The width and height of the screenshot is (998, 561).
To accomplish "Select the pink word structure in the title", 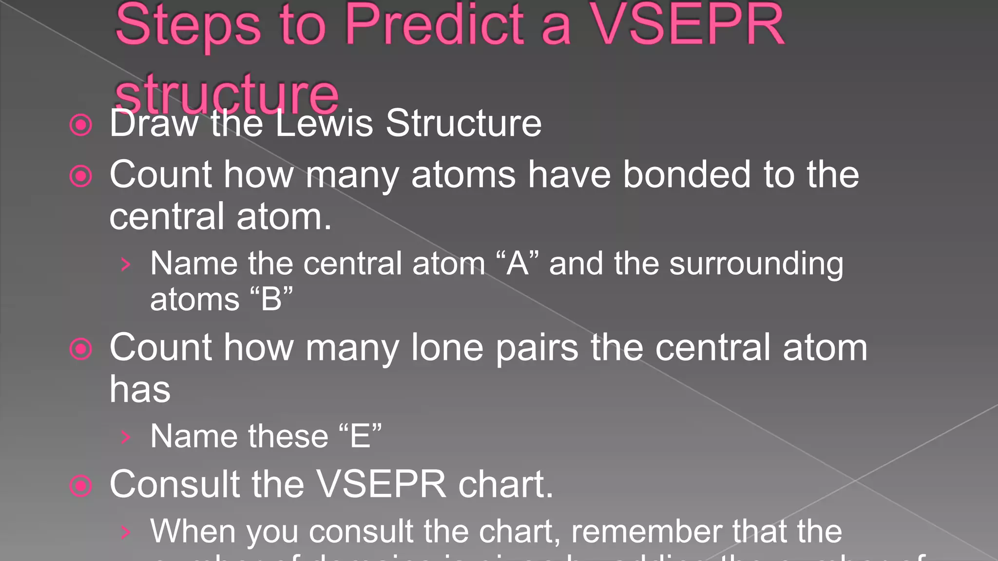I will (227, 93).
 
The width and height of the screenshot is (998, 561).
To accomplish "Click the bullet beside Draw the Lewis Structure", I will (81, 125).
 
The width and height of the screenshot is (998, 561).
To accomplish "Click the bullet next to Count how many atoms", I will (81, 176).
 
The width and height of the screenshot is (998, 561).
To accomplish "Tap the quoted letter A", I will (518, 263).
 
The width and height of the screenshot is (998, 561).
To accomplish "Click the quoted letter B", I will (271, 299).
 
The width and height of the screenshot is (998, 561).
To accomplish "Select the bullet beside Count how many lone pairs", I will (81, 349).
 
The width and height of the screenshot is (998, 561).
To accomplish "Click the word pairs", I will (537, 349).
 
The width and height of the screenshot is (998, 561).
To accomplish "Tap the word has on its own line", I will (140, 390).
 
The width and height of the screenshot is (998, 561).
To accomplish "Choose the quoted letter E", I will (360, 436).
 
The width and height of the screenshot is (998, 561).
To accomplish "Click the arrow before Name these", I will (126, 437).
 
